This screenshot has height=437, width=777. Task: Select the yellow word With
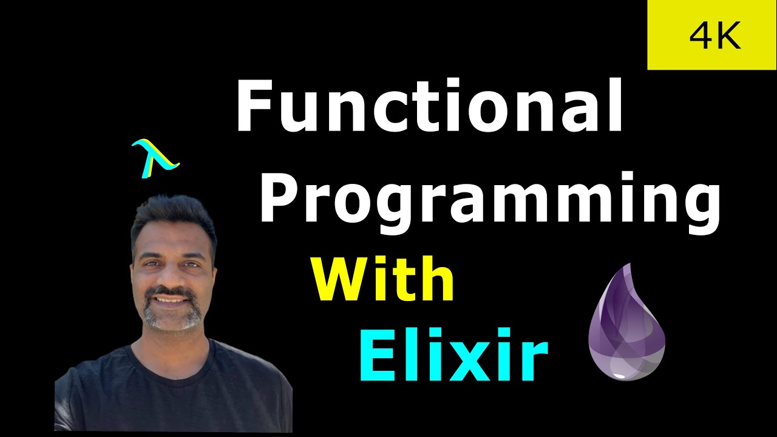(x=383, y=279)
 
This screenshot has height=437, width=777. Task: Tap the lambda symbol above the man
(x=155, y=158)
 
